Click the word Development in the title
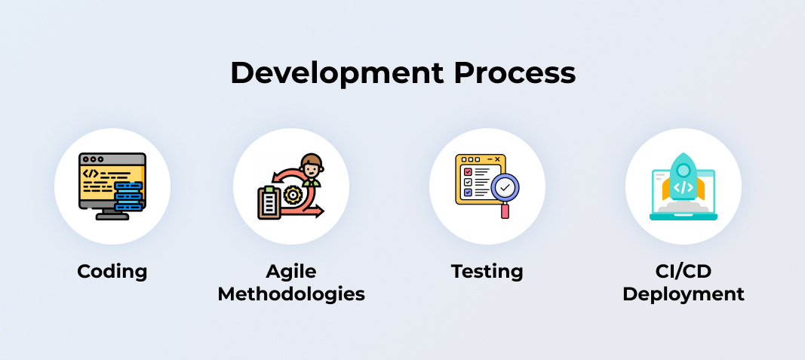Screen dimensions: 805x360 336,74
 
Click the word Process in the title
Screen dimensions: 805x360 515,73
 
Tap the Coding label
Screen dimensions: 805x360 112,271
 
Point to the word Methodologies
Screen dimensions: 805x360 291,294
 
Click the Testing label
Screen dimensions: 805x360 487,272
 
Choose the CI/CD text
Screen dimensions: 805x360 684,271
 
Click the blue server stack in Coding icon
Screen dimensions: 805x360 128,195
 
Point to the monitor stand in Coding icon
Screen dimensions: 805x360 112,214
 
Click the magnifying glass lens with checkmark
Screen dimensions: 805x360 505,188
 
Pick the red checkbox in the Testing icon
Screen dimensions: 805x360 468,172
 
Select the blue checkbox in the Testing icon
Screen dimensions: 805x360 468,192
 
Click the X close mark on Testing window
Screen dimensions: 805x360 497,160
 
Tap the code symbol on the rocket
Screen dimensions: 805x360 684,187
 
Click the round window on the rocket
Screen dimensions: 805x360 684,170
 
